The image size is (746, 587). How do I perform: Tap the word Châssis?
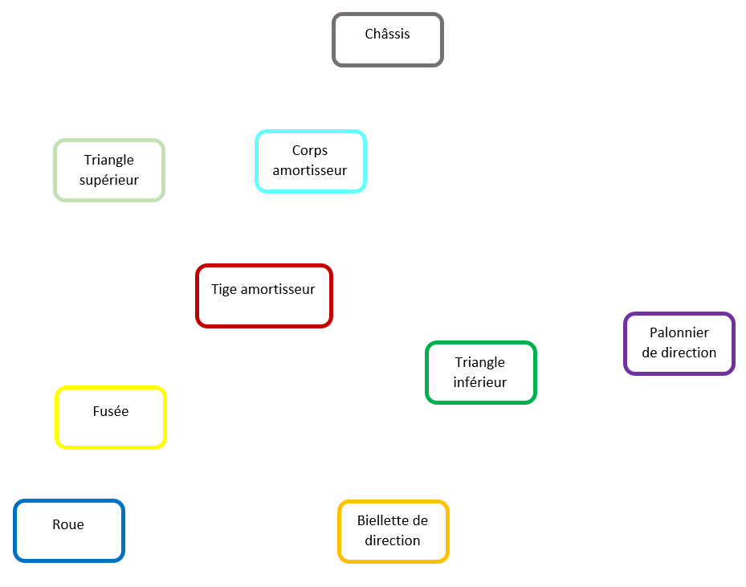tap(387, 34)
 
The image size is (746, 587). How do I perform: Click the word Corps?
tap(310, 150)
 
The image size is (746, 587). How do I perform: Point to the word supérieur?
tap(109, 181)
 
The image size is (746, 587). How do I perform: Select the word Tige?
tap(224, 289)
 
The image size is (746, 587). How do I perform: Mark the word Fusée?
tap(111, 411)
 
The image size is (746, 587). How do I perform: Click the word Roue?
tap(68, 524)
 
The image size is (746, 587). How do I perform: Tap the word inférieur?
tap(480, 382)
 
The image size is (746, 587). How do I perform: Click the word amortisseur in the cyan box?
tap(310, 170)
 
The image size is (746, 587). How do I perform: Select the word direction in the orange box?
tap(393, 540)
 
